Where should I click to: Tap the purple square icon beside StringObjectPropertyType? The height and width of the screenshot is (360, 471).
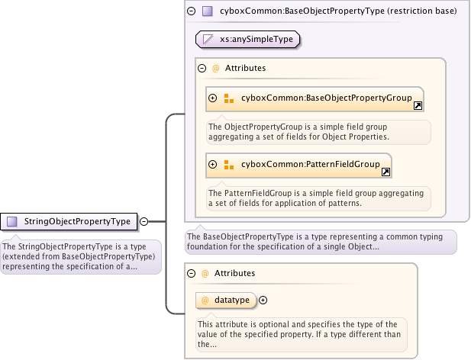click(11, 222)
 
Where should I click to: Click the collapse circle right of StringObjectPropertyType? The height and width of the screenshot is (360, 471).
click(144, 222)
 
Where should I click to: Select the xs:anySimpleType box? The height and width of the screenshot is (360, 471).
click(247, 39)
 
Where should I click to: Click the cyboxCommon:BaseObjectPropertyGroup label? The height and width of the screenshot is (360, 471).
click(326, 98)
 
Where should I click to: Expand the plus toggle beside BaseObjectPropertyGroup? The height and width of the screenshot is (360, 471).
click(213, 98)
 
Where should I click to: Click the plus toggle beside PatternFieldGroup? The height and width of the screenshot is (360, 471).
click(213, 164)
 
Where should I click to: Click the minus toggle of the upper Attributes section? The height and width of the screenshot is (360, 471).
click(202, 68)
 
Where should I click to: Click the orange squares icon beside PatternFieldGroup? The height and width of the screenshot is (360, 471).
click(229, 164)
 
